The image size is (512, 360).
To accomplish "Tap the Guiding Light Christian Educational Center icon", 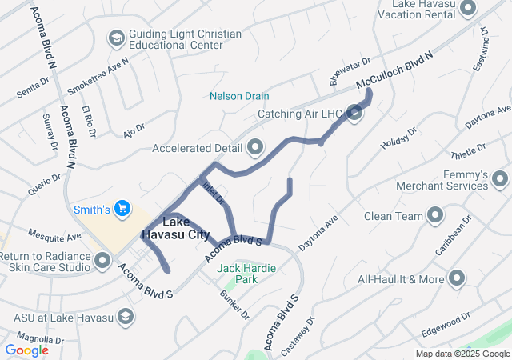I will click(x=116, y=38).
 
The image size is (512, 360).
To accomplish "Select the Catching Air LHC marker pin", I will click(x=355, y=114).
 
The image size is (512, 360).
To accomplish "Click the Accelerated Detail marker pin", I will click(x=255, y=147).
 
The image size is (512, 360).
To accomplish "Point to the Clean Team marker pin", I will click(x=435, y=215).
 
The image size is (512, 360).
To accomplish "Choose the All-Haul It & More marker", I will click(x=457, y=278).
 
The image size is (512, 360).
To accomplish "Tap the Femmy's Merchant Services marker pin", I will click(x=500, y=178).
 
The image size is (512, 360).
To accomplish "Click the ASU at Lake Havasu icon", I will click(x=125, y=318).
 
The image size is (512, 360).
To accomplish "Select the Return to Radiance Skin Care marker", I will click(x=102, y=260).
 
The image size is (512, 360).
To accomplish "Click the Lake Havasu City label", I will click(x=175, y=228).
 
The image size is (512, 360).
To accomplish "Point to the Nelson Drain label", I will click(x=239, y=96).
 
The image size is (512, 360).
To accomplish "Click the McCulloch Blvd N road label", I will click(x=394, y=70).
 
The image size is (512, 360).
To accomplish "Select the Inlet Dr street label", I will click(x=213, y=192).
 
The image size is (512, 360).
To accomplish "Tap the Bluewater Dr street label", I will click(x=350, y=71).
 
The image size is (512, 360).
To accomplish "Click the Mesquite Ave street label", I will click(x=54, y=237).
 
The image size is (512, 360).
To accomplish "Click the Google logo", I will click(x=27, y=350).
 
